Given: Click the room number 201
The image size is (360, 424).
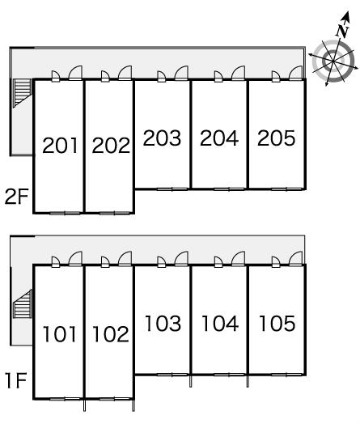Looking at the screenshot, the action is click(x=60, y=146).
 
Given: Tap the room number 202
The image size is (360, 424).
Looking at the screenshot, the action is click(x=111, y=146).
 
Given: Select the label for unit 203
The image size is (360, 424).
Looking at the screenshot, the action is click(x=162, y=138).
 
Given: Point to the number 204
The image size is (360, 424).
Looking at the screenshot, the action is click(x=219, y=138).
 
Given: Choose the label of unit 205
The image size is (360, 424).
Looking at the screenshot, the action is click(x=277, y=138).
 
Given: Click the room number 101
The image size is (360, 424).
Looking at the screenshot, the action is click(x=59, y=334).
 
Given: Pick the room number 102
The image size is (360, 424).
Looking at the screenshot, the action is click(x=111, y=334).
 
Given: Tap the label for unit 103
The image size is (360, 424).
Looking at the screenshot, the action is click(x=163, y=324).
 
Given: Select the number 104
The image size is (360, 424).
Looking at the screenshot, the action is click(x=220, y=324).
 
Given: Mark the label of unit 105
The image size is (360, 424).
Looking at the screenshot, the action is click(x=277, y=324).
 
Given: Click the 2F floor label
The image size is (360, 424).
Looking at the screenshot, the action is click(x=16, y=197).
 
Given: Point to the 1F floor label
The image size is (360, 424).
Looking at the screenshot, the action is click(x=16, y=380).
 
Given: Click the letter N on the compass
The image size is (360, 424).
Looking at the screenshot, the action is click(x=342, y=31).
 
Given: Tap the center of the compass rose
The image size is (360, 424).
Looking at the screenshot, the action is click(x=333, y=61).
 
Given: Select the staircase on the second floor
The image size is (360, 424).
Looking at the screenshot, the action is click(x=23, y=92).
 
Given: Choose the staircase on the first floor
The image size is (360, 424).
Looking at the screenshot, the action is click(x=23, y=303).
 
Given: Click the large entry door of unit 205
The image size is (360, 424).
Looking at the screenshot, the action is click(x=295, y=73).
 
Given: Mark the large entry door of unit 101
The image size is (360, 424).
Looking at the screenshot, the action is click(x=75, y=259).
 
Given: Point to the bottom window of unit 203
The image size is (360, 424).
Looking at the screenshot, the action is click(x=172, y=189).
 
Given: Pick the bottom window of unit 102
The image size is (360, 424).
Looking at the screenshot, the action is click(x=114, y=399).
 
